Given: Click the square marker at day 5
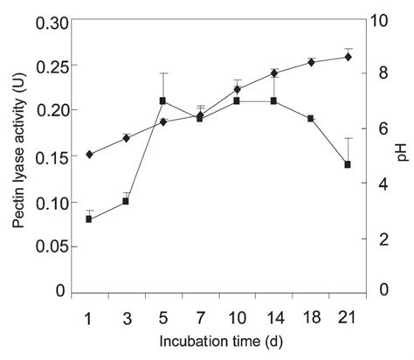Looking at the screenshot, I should pos(163,100).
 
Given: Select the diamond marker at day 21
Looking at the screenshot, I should pos(348,57).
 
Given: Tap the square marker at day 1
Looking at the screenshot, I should pos(89,218).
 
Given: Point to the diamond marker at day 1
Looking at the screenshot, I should pos(89,155).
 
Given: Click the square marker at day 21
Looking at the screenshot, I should pos(348,164).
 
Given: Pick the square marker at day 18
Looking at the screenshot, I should pos(312,118).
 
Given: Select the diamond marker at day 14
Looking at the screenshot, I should pos(274,73).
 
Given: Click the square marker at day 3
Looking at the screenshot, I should pos(126,201).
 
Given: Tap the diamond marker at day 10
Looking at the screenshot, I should pos(238,89).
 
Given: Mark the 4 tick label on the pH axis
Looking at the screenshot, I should pos(381,184).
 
